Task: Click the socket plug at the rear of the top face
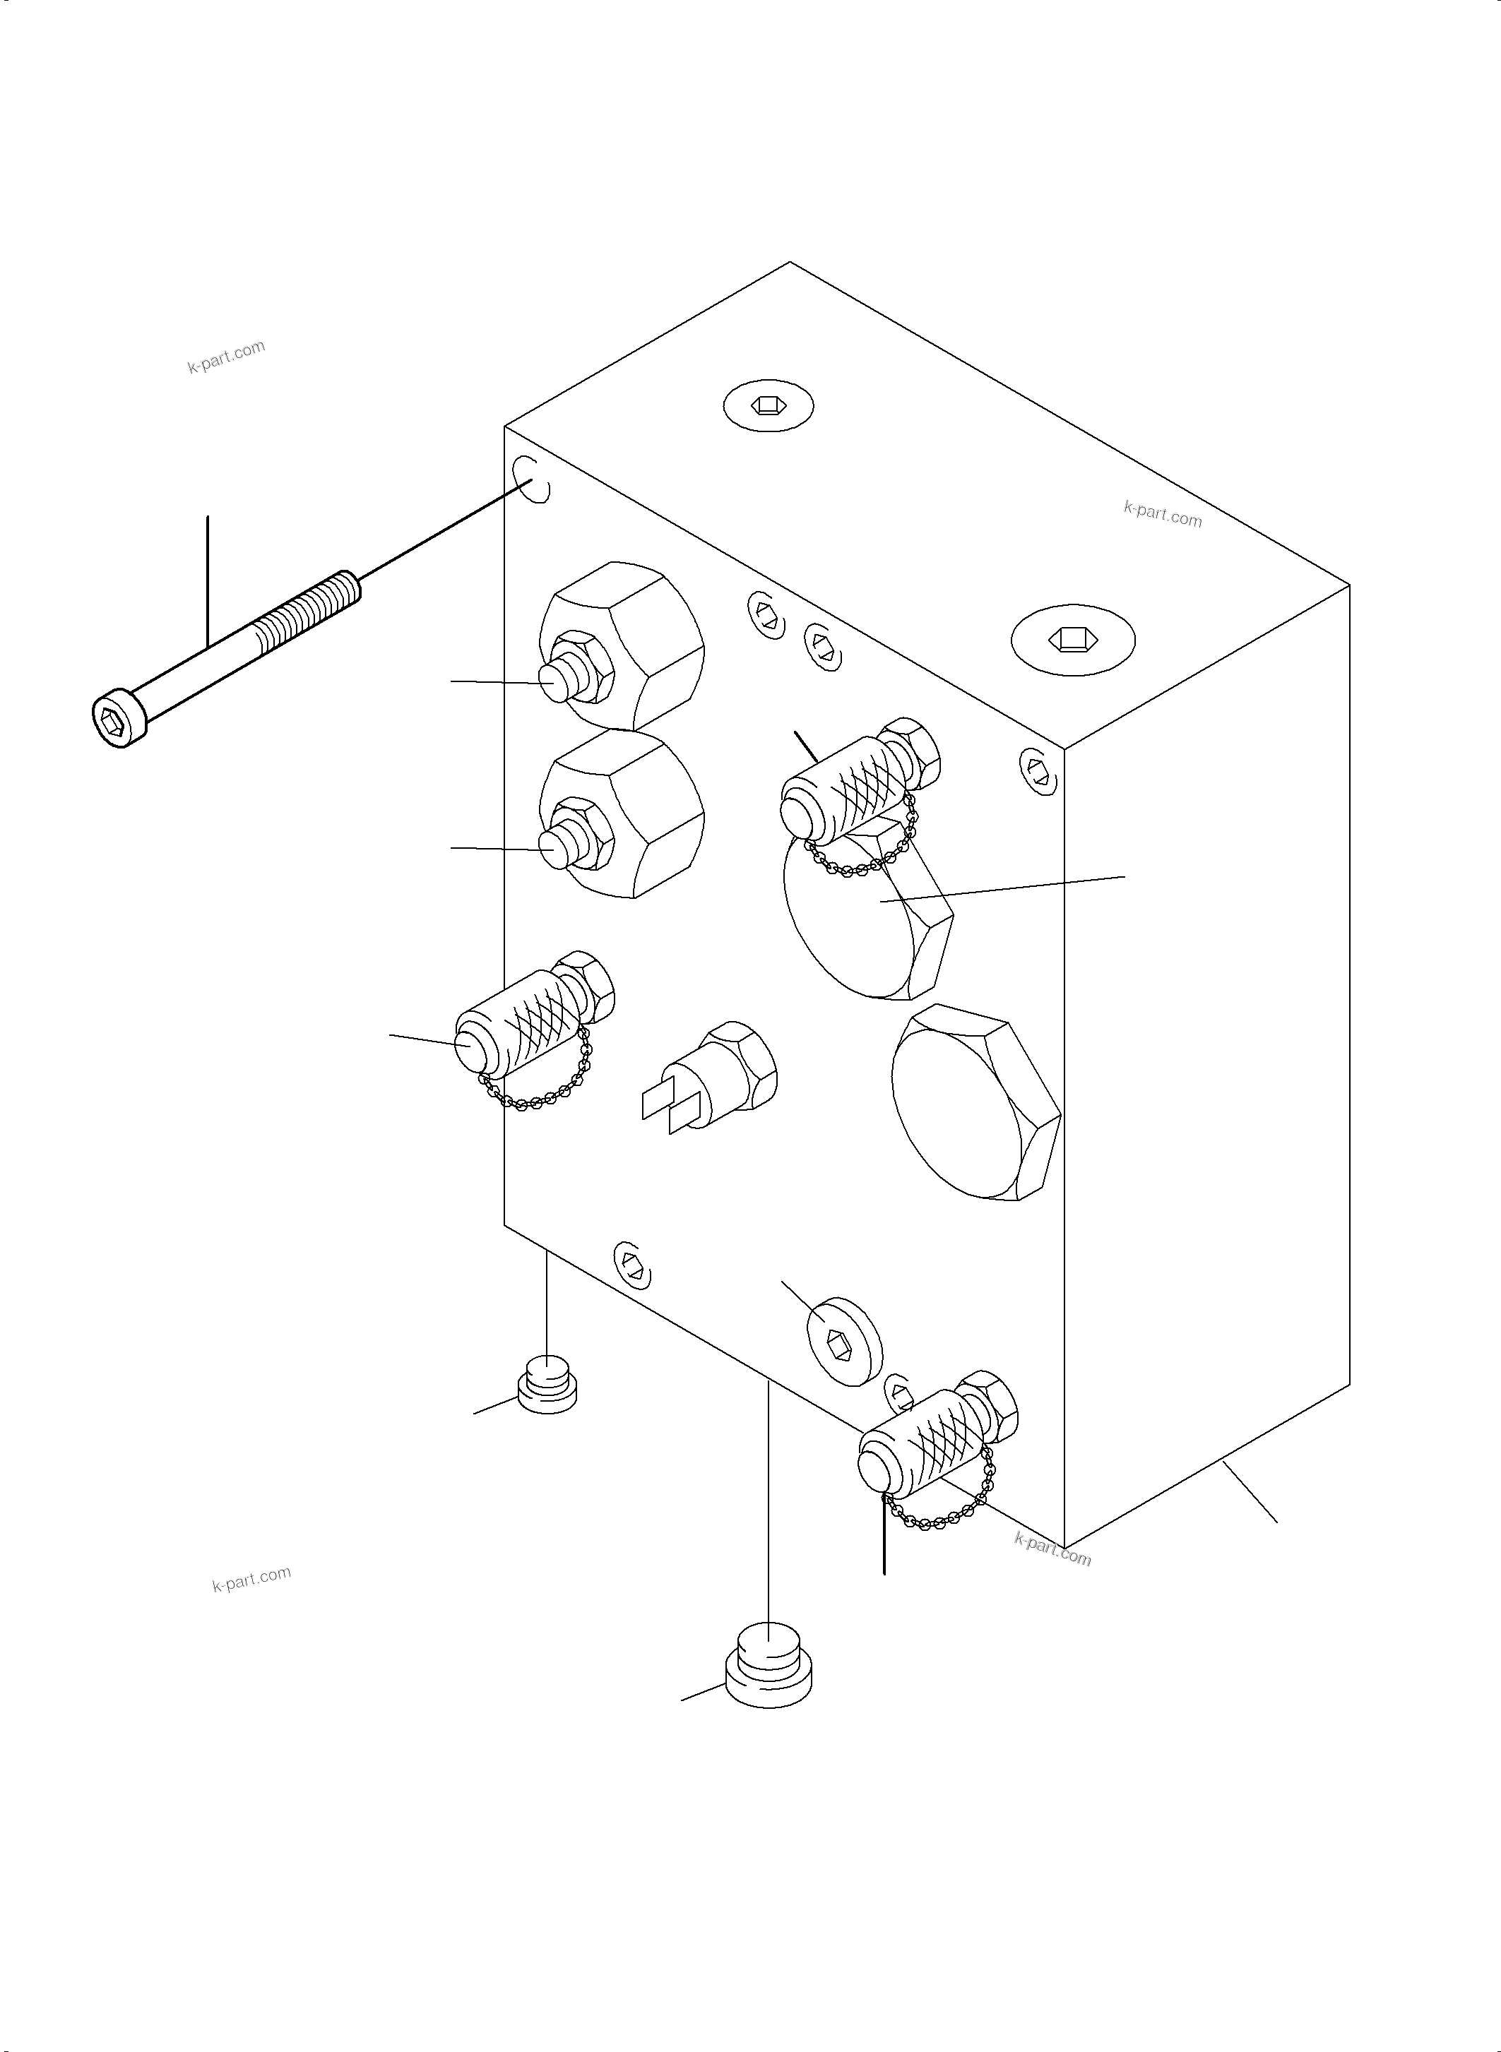pyautogui.click(x=769, y=405)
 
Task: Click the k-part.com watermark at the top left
pyautogui.click(x=226, y=356)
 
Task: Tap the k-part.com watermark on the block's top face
pyautogui.click(x=1162, y=514)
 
